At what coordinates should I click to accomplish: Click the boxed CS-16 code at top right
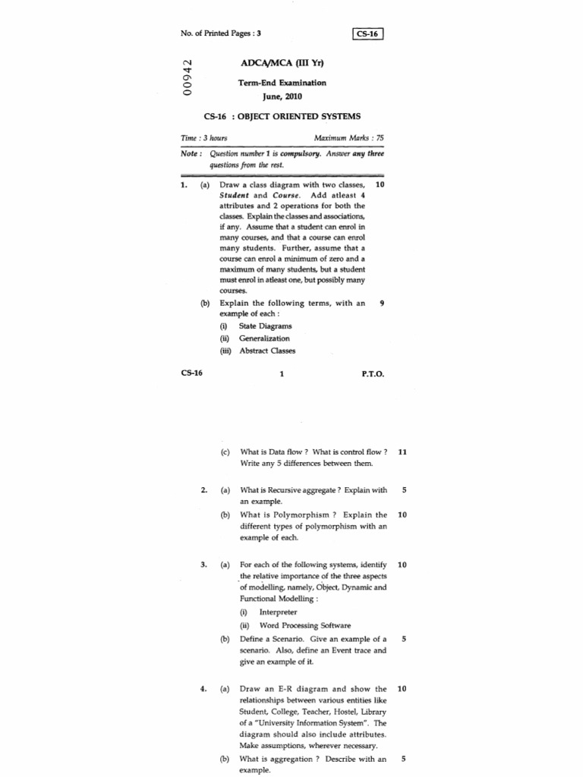tap(369, 33)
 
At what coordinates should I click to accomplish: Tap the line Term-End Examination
tap(282, 83)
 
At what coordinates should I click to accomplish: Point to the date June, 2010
tap(282, 96)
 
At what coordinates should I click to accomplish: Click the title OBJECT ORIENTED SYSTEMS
tap(300, 117)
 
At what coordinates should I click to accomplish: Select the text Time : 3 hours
tap(204, 138)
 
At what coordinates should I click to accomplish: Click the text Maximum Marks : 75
tap(348, 138)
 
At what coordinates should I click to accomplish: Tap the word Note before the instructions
tap(190, 153)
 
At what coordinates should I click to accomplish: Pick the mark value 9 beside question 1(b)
tap(382, 303)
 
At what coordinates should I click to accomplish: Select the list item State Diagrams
tap(265, 326)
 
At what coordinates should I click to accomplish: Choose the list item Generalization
tap(264, 338)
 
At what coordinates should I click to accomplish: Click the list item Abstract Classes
tap(267, 351)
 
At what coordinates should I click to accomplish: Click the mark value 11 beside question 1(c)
tap(402, 451)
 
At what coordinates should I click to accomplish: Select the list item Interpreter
tap(278, 612)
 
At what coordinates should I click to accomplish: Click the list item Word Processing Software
tap(304, 625)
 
